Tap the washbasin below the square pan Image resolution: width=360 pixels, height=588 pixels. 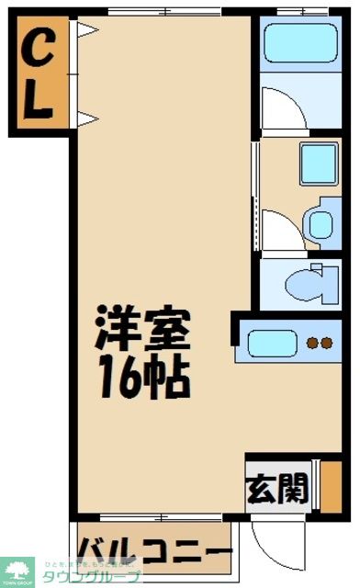pos(319,223)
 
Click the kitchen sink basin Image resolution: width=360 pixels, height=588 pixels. pos(272,345)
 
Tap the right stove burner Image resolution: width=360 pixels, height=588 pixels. pos(326,345)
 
